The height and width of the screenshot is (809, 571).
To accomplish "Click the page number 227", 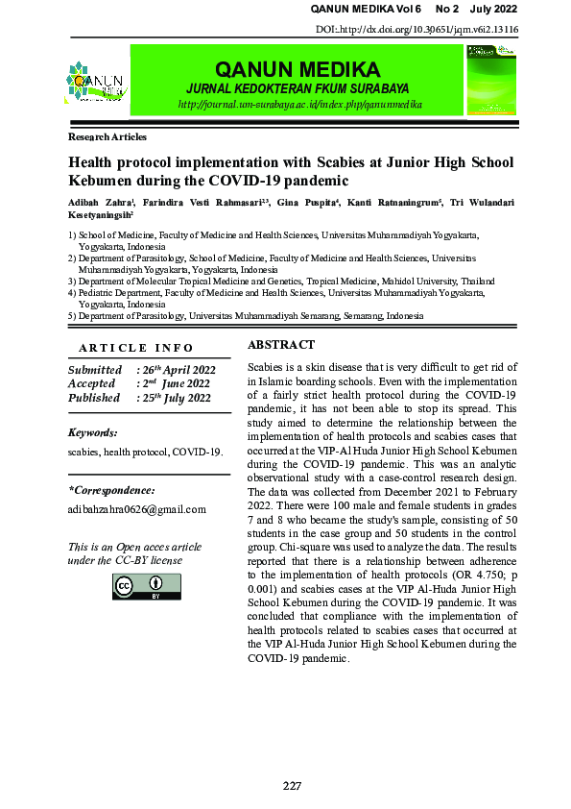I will tap(292, 786).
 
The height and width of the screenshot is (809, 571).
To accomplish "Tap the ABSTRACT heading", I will tap(281, 345).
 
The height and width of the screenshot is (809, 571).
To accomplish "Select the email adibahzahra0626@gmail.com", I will tap(136, 509).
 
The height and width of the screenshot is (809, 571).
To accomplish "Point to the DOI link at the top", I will tap(416, 30).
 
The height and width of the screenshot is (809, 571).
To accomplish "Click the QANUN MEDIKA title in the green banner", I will tap(297, 70).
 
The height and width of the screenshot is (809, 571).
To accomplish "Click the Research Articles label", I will tap(107, 138).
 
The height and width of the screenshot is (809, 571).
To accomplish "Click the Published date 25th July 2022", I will tap(177, 398).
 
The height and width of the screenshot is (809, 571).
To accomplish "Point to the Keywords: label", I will tap(93, 433).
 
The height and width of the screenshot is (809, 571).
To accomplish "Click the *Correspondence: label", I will tap(111, 490).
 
